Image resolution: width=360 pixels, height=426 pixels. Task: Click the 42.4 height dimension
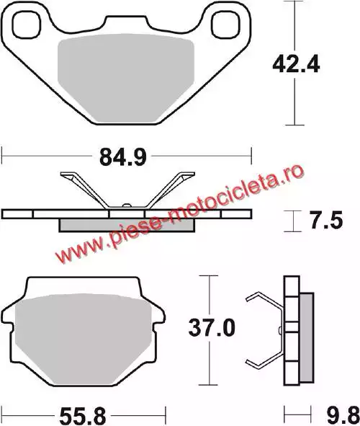point(296,65)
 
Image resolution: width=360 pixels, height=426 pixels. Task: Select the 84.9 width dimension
point(123,157)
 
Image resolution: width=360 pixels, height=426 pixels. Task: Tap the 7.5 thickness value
point(326,220)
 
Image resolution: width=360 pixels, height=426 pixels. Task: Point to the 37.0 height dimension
point(212,328)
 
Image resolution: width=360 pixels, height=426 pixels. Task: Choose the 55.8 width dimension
point(83,417)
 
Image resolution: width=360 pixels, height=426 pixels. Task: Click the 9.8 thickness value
point(343,417)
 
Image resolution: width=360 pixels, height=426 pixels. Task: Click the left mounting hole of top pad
point(27,25)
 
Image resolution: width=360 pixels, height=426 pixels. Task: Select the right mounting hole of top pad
point(225,25)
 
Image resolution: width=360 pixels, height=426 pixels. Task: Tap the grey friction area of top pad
point(126,77)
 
